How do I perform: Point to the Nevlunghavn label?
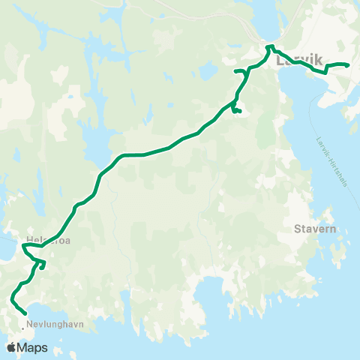(54, 324)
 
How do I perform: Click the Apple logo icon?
(11, 347)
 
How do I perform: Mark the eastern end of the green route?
(349, 65)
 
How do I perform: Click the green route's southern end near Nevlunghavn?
(25, 313)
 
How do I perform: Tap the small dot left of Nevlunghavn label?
(22, 324)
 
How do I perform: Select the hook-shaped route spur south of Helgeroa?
(42, 264)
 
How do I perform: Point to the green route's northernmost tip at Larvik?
(268, 46)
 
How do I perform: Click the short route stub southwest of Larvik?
(238, 112)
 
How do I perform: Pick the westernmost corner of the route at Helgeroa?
(24, 244)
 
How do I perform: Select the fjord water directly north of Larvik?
(267, 19)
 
